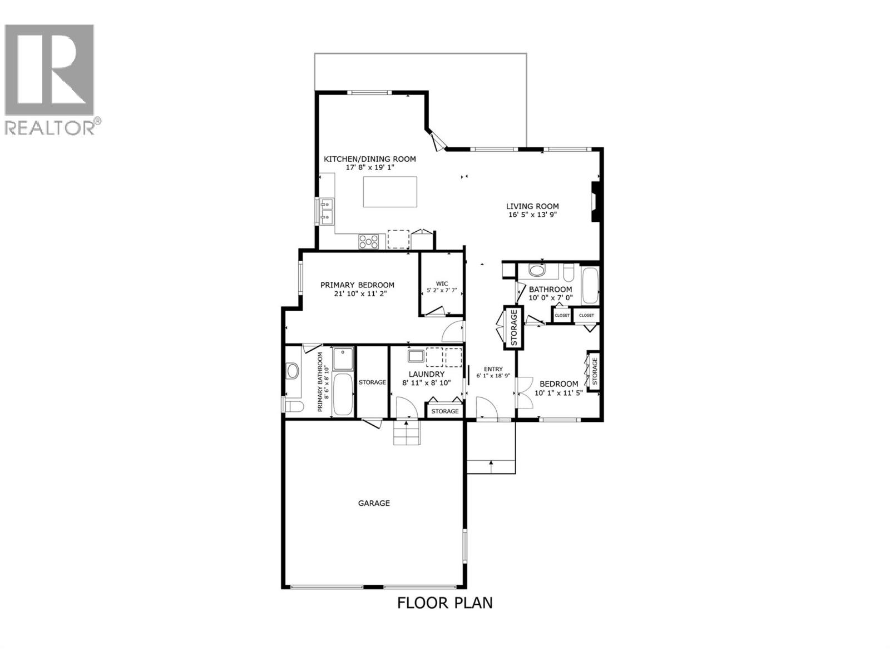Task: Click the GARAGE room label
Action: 373,503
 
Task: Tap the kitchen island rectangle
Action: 390,192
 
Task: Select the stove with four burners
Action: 369,241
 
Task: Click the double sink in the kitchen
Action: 327,211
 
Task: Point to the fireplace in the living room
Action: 596,202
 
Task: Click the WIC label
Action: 442,283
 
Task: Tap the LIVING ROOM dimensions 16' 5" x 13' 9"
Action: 532,215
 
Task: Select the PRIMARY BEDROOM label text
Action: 357,285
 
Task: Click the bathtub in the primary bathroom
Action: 342,394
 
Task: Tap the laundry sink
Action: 414,356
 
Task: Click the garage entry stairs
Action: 406,433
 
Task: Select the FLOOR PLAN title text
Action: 444,603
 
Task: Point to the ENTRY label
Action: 493,369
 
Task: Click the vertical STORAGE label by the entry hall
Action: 514,328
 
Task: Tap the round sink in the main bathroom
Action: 537,271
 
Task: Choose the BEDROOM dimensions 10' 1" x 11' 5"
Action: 558,393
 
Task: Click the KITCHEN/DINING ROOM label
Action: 370,159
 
